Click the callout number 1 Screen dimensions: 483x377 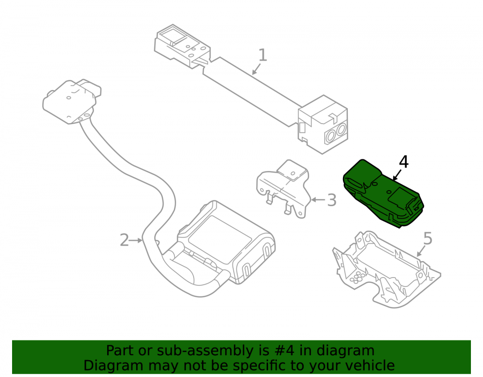click(x=262, y=55)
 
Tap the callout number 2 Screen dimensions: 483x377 click(x=124, y=240)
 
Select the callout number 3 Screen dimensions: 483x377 click(x=331, y=200)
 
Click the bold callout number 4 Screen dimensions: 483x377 click(x=403, y=162)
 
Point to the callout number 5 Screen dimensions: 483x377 click(x=428, y=238)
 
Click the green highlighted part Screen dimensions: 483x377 click(x=384, y=194)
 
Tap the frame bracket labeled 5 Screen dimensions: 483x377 click(x=386, y=269)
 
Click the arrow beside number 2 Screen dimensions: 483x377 click(x=136, y=240)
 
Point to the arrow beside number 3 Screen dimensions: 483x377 click(x=318, y=200)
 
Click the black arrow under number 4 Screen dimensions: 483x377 click(x=397, y=175)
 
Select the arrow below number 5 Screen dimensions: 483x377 click(x=421, y=251)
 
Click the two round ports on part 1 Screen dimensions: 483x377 click(x=336, y=132)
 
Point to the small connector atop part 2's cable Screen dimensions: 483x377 click(x=72, y=101)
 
